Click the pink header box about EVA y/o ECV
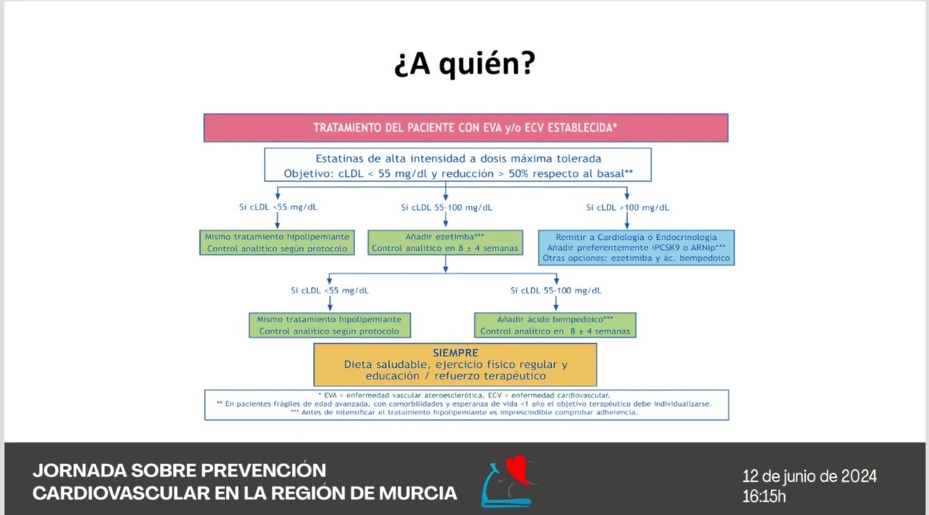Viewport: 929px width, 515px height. [x=465, y=128]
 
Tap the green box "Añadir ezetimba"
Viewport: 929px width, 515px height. [x=444, y=242]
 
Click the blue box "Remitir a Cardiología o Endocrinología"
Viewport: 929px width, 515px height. [x=636, y=247]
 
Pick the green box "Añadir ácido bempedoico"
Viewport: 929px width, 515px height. [x=554, y=324]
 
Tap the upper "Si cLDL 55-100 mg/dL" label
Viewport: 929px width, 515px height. [x=446, y=208]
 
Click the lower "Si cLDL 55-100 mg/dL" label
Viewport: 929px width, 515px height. [x=555, y=290]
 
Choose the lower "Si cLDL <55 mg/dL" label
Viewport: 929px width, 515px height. [x=329, y=290]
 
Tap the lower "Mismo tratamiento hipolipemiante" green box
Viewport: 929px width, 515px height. [x=329, y=324]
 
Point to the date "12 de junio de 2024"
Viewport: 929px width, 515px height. [x=809, y=476]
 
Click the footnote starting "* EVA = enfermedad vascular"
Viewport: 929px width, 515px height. [x=466, y=395]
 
